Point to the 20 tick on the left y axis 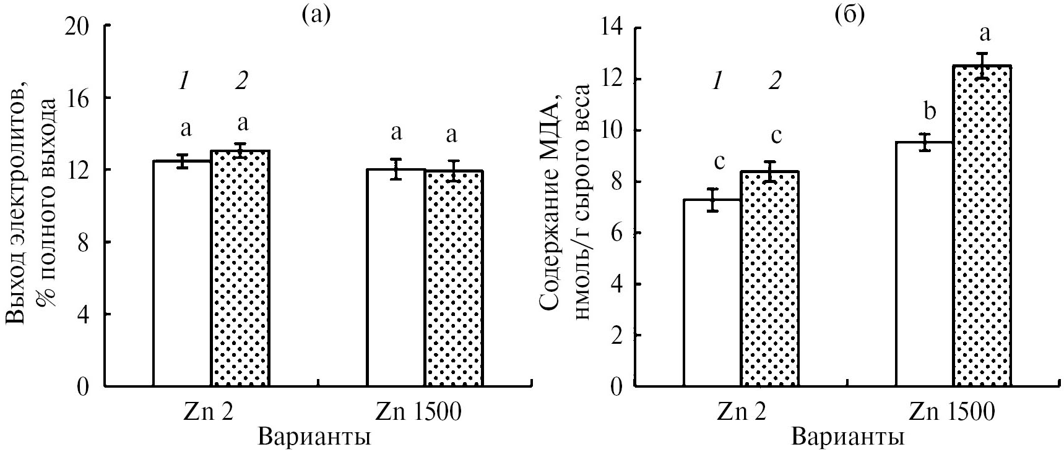pos(80,26)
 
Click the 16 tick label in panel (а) pos(80,98)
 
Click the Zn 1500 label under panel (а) pos(419,412)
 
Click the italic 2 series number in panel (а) pos(241,80)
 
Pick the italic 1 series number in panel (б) pos(717,80)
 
